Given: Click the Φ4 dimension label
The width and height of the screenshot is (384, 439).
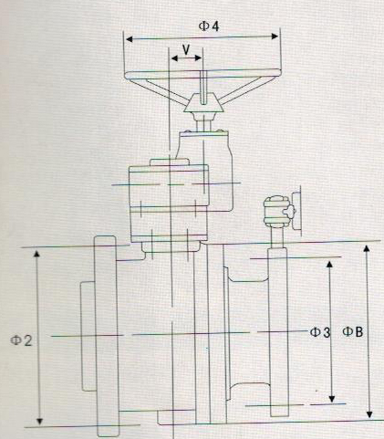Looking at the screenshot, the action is coord(209,26).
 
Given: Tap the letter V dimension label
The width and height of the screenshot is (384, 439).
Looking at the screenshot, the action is coord(186,49).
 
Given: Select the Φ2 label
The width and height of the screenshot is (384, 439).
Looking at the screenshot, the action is coord(21,340).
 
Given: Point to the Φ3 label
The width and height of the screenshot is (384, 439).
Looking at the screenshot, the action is coord(320,332).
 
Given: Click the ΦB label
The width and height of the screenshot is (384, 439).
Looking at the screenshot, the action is coord(353,331).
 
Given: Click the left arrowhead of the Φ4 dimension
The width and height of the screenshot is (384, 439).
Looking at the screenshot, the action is coord(130,39).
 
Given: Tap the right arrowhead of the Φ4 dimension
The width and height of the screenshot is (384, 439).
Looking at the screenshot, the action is coord(275,37).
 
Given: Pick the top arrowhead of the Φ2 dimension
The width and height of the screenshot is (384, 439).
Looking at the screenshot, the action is coord(36,254).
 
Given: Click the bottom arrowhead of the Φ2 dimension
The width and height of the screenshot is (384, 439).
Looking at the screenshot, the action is coord(39,421).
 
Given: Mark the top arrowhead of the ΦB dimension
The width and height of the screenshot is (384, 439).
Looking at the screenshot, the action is coord(367,248).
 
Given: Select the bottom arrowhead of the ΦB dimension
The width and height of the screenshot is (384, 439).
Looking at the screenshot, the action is coord(369,414).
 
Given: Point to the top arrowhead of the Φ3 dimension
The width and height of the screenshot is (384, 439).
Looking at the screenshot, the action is coord(329,264).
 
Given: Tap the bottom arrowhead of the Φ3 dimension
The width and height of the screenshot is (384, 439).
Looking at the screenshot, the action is coord(332,399).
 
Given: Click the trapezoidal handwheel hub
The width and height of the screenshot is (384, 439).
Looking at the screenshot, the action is coord(203,102).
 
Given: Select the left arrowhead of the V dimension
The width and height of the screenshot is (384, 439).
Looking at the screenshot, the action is coord(174,58).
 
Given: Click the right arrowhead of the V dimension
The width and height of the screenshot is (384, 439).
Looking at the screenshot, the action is coord(198,57).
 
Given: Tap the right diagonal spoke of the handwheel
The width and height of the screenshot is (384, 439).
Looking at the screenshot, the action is coord(241,90).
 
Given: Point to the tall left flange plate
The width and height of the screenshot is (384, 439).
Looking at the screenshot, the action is coord(106,337).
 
